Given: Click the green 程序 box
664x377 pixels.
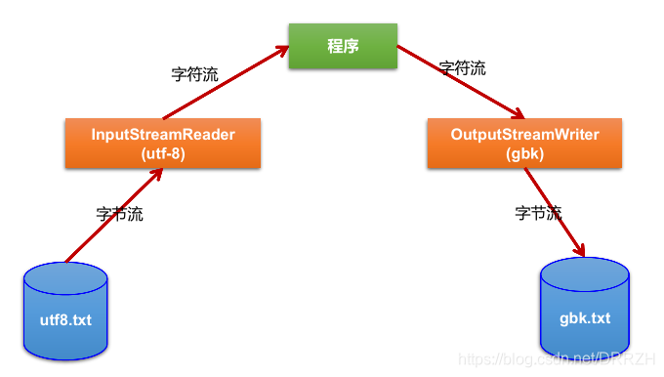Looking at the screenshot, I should click(x=343, y=46).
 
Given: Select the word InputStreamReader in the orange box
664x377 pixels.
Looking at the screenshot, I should click(x=163, y=134).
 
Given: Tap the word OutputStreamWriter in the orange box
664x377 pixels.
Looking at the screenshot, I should click(x=525, y=134).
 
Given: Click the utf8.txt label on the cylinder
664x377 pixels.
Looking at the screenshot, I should click(x=66, y=319).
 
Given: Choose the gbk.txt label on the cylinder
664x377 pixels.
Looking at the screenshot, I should click(x=586, y=318).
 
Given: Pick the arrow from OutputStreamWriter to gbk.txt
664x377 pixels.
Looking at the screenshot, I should click(x=554, y=210).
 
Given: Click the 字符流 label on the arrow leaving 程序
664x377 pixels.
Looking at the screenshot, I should click(x=462, y=68).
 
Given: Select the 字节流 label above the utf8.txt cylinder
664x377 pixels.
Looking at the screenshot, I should click(x=119, y=214).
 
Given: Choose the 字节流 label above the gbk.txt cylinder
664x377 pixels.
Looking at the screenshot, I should click(x=538, y=212).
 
